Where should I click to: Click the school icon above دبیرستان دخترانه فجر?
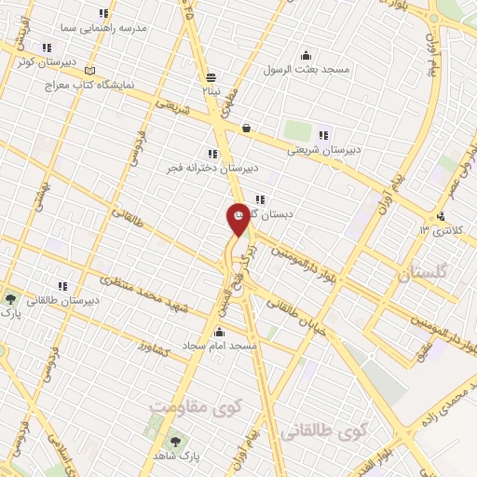213,153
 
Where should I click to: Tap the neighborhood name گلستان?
423,276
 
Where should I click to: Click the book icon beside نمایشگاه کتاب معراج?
89,70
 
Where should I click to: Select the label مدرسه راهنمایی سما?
115,28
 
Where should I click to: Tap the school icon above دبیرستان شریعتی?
323,133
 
